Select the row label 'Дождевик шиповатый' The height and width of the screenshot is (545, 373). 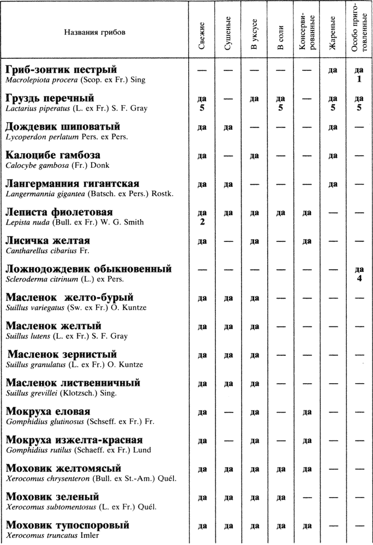(63, 127)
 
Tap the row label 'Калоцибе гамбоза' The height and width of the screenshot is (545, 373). (53, 155)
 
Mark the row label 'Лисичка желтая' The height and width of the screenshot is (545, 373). (48, 240)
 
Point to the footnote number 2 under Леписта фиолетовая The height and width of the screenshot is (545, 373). (202, 222)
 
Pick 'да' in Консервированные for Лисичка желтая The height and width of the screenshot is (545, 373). (306, 241)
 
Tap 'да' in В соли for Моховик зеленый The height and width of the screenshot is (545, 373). (280, 497)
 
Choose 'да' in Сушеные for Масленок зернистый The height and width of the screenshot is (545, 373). (228, 355)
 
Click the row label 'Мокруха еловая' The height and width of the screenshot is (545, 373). (48, 411)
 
